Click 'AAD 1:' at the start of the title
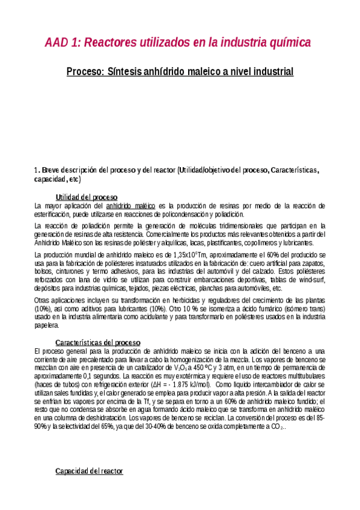62,43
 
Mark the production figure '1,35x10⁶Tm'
182,256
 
